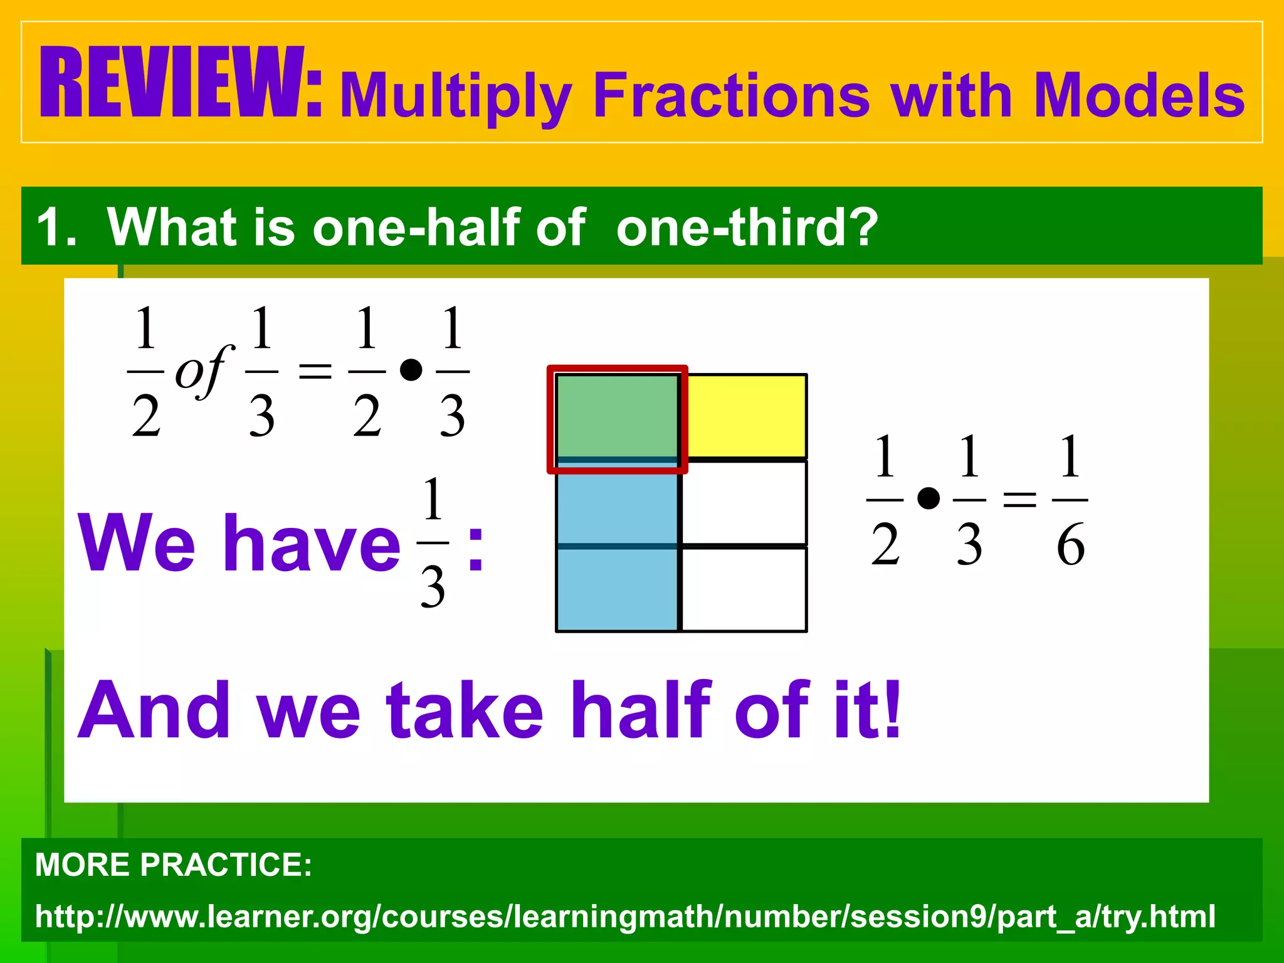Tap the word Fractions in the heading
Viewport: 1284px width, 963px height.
pyautogui.click(x=730, y=96)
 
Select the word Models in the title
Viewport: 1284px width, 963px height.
pyautogui.click(x=1139, y=96)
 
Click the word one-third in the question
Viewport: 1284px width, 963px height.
pyautogui.click(x=747, y=227)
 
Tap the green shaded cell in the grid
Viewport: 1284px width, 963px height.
pyautogui.click(x=617, y=416)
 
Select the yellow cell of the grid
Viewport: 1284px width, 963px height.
pyautogui.click(x=745, y=416)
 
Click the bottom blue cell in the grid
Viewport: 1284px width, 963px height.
pyautogui.click(x=617, y=589)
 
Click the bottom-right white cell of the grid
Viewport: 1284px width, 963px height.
pyautogui.click(x=744, y=589)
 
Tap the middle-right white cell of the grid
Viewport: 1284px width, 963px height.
pyautogui.click(x=744, y=503)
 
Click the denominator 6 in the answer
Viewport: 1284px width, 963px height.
pyautogui.click(x=1070, y=544)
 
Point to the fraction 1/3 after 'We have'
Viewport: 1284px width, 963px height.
pyautogui.click(x=433, y=542)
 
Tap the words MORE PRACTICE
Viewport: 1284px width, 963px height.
pyautogui.click(x=174, y=865)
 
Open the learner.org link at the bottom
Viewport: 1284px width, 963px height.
pyautogui.click(x=625, y=916)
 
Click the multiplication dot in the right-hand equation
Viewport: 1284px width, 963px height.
pyautogui.click(x=928, y=499)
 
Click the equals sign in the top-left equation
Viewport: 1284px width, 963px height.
pyautogui.click(x=315, y=371)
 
